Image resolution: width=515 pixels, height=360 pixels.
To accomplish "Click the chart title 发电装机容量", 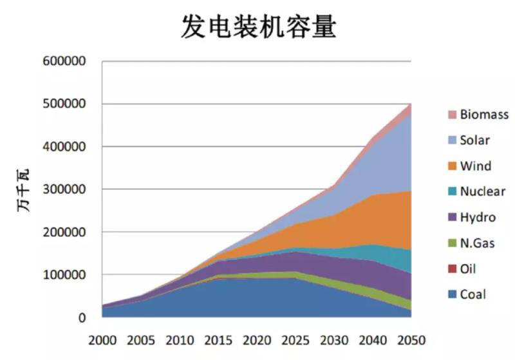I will [x=257, y=28].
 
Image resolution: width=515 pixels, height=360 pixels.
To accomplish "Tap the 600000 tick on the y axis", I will [x=64, y=62].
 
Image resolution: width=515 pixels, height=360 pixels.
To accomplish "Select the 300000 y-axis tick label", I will [x=64, y=189].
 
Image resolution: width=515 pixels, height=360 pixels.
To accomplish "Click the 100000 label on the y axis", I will [x=64, y=275].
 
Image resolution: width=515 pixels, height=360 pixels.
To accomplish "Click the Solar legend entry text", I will [x=475, y=140].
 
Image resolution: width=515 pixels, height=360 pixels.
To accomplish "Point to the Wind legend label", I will [x=475, y=166].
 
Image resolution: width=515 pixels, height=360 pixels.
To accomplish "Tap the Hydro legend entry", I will [x=478, y=218].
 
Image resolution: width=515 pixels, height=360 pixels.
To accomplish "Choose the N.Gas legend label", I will [x=478, y=243].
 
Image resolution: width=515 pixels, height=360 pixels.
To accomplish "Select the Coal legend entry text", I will [x=473, y=295].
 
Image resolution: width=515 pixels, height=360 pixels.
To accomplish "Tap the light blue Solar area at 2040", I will [x=380, y=167].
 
